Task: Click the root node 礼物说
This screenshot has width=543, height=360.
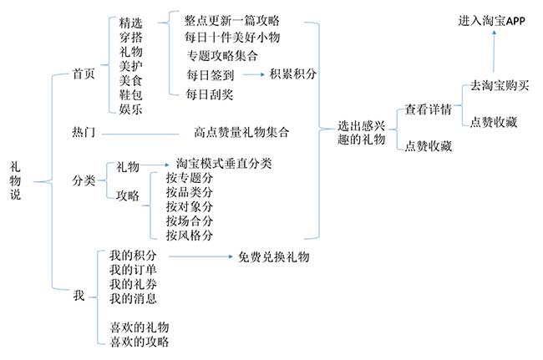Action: click(x=15, y=180)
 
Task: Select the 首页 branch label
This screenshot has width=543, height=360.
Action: click(x=83, y=74)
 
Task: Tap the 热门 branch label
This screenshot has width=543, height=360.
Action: click(x=83, y=132)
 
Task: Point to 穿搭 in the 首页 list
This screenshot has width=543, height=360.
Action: click(x=131, y=38)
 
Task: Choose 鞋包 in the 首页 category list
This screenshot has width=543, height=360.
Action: click(x=131, y=94)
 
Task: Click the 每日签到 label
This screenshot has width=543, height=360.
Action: click(x=211, y=75)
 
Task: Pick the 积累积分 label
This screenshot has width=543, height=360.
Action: click(x=292, y=74)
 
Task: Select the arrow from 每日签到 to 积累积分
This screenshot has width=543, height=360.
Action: click(x=253, y=74)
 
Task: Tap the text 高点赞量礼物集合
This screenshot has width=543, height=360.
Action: click(x=241, y=132)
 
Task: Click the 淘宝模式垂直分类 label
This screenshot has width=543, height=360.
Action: click(x=224, y=164)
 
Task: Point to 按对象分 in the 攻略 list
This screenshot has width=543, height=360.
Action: click(x=189, y=206)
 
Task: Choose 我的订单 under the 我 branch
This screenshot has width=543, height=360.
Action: click(x=133, y=270)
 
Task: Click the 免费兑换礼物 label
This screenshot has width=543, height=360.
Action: click(x=273, y=257)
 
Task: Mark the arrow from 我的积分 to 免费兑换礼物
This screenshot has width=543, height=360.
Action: click(x=200, y=256)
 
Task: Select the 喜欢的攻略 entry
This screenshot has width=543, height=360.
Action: click(x=140, y=342)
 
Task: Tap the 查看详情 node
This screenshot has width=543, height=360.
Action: click(x=429, y=109)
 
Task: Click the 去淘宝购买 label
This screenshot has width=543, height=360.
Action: click(x=500, y=85)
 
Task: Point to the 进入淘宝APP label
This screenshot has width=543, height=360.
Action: click(x=492, y=21)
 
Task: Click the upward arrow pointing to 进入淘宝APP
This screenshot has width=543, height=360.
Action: click(x=494, y=52)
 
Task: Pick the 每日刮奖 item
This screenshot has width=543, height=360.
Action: click(x=210, y=94)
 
